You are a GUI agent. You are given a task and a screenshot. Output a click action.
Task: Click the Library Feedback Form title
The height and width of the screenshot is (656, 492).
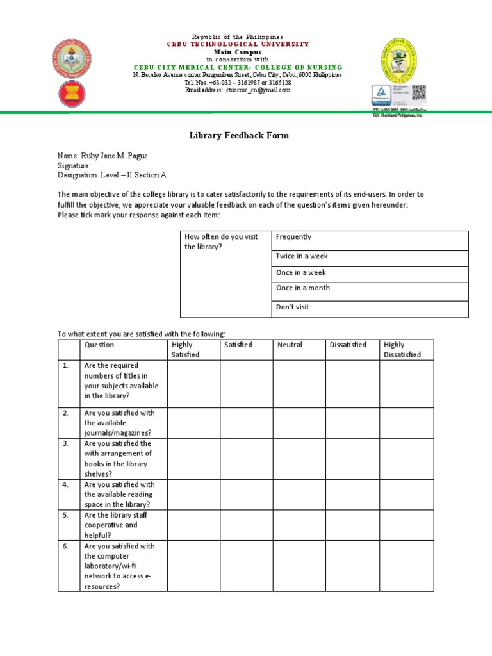(239, 135)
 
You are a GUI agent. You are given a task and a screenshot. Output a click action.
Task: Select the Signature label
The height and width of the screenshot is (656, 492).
(74, 165)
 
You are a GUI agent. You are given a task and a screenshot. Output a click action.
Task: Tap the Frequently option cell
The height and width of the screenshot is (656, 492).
(370, 240)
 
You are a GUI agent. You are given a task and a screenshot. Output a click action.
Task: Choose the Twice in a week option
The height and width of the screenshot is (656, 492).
(370, 256)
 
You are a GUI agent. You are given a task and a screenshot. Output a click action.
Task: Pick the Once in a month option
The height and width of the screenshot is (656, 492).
(370, 288)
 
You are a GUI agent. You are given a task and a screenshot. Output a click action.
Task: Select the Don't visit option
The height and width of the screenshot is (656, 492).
(370, 307)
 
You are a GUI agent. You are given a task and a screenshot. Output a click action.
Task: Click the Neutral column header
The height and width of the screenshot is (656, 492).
(290, 345)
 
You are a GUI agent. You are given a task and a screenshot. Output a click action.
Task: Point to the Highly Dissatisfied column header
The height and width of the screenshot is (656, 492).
(402, 350)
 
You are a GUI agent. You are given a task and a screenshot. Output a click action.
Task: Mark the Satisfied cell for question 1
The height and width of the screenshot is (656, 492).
(246, 384)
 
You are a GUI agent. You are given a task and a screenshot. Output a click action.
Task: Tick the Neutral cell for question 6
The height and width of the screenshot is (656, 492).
(299, 566)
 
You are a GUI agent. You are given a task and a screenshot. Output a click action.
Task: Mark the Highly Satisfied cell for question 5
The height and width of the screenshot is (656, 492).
(193, 525)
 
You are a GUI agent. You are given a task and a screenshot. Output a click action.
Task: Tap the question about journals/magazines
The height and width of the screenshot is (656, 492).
(119, 423)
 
